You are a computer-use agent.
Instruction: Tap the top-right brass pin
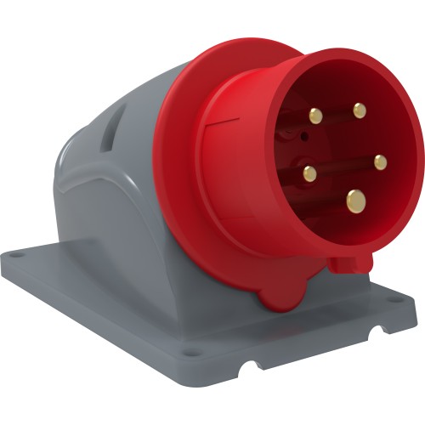360,109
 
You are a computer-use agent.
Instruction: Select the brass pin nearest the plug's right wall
380,161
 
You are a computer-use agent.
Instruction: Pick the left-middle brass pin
310,174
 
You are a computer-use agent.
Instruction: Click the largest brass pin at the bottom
355,201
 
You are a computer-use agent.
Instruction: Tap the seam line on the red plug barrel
228,127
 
